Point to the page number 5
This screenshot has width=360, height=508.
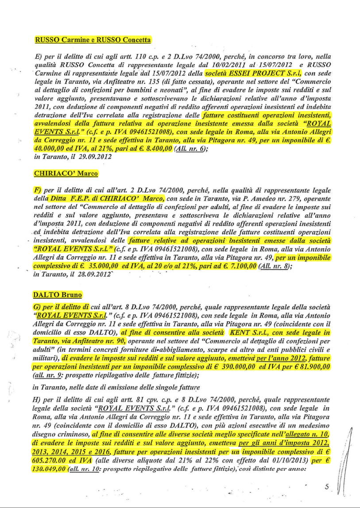coord(326,486)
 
